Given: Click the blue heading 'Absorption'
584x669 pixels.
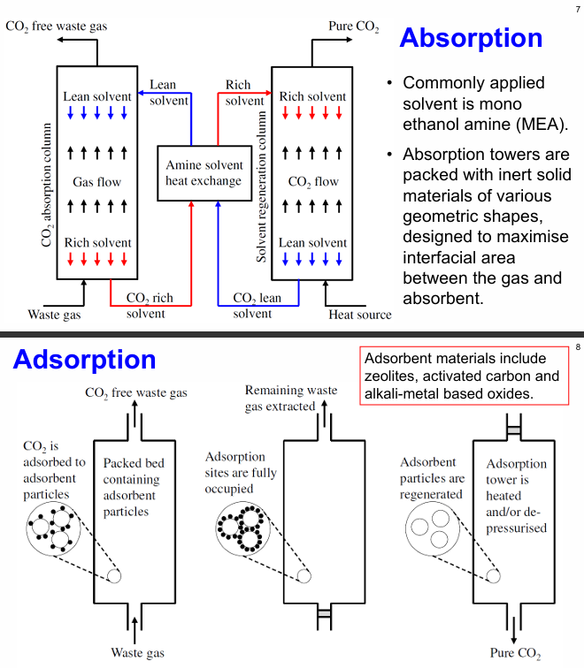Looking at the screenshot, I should (x=471, y=38).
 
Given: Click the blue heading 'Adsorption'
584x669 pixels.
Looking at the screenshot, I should (x=84, y=360).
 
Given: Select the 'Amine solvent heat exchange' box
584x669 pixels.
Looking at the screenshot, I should (x=203, y=173).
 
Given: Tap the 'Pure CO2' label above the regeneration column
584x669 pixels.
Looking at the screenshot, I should (x=353, y=27).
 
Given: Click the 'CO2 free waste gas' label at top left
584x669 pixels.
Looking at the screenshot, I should (x=57, y=27).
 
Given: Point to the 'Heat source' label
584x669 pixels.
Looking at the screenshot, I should (x=359, y=315).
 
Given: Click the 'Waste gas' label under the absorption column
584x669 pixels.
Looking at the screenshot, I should (x=55, y=315).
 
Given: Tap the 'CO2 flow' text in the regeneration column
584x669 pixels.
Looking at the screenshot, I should (x=314, y=183).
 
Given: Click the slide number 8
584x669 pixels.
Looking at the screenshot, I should (x=577, y=346).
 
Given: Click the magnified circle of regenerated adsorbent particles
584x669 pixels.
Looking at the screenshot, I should (x=433, y=531).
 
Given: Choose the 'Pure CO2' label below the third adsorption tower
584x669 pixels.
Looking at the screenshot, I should (x=515, y=654).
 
